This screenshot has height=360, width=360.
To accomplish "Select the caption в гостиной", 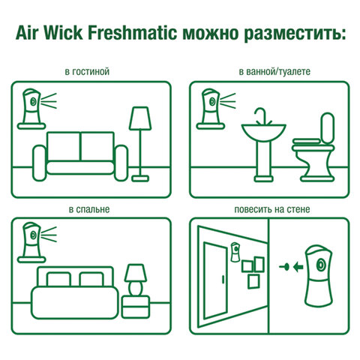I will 88,72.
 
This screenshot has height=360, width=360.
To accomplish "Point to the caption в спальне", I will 88,208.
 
